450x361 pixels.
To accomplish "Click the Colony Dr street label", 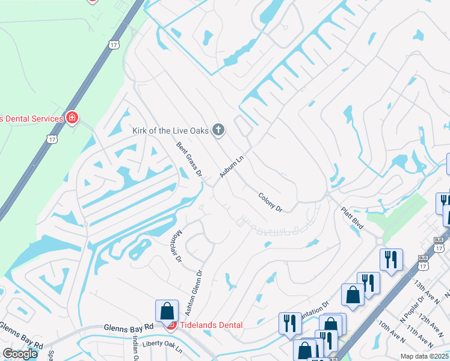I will coord(270,202).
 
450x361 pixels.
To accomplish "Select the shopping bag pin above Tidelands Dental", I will coord(167,311).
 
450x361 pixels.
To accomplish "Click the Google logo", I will coord(20,354).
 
